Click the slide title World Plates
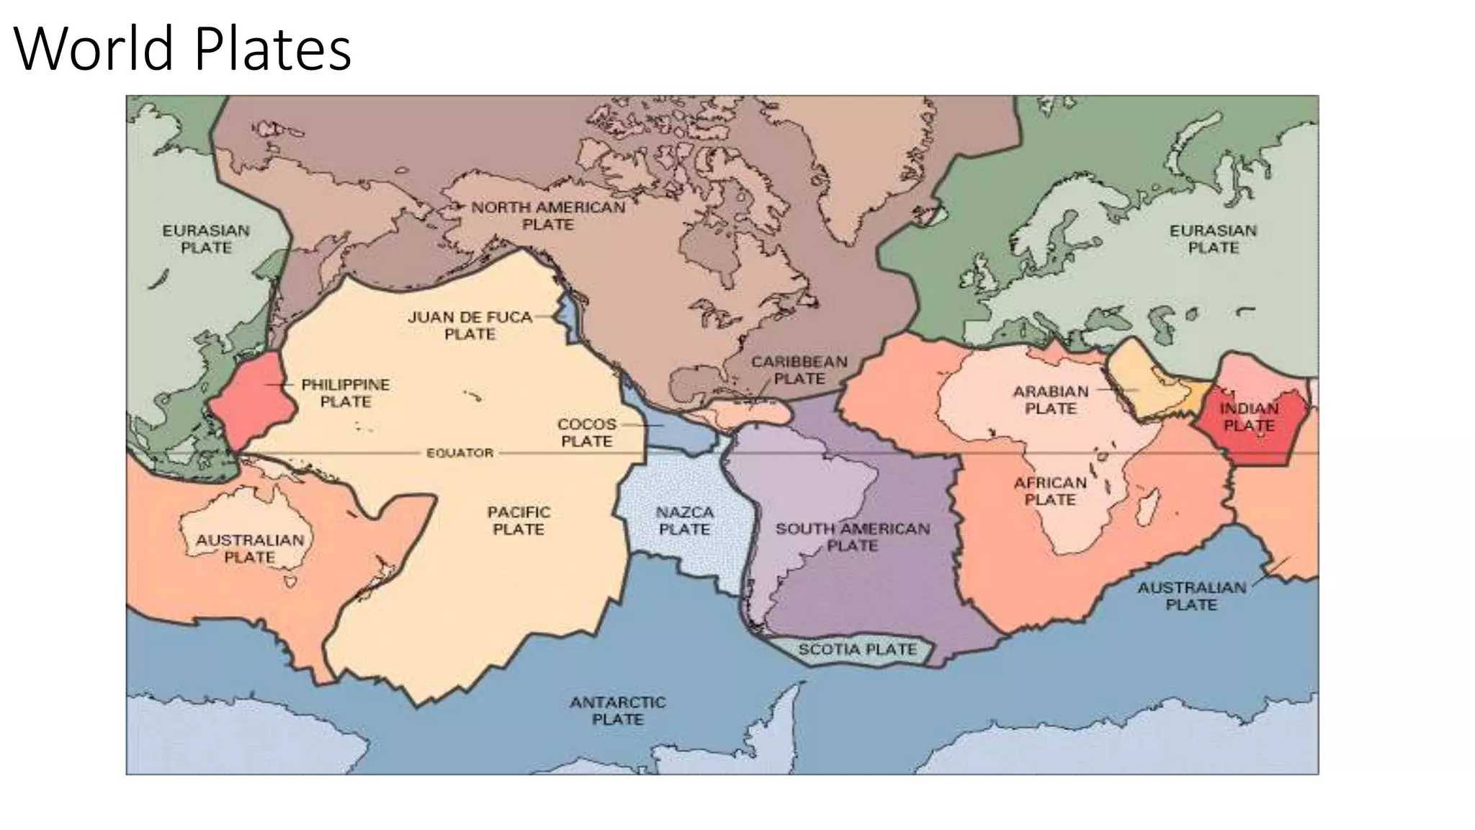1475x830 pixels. pyautogui.click(x=182, y=49)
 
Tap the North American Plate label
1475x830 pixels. pyautogui.click(x=548, y=216)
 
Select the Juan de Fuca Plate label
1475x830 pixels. pyautogui.click(x=470, y=326)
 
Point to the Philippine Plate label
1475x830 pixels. pyautogui.click(x=345, y=393)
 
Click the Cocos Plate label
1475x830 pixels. pyautogui.click(x=586, y=433)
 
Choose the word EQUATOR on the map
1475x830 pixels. pyautogui.click(x=459, y=453)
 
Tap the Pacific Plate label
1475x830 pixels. pyautogui.click(x=519, y=521)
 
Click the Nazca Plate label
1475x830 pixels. pyautogui.click(x=684, y=521)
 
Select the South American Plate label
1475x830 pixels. pyautogui.click(x=852, y=537)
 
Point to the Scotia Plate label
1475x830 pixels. pyautogui.click(x=857, y=650)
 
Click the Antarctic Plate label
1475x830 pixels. pyautogui.click(x=617, y=710)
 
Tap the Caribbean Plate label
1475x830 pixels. pyautogui.click(x=799, y=370)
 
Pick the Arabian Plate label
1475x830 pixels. pyautogui.click(x=1051, y=400)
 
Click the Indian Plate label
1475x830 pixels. pyautogui.click(x=1249, y=417)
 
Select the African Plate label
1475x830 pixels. pyautogui.click(x=1050, y=491)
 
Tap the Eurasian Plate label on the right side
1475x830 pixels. pyautogui.click(x=1213, y=239)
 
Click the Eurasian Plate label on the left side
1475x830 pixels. pyautogui.click(x=206, y=239)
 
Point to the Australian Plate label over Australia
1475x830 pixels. pyautogui.click(x=250, y=548)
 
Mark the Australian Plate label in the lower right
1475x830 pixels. pyautogui.click(x=1191, y=596)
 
